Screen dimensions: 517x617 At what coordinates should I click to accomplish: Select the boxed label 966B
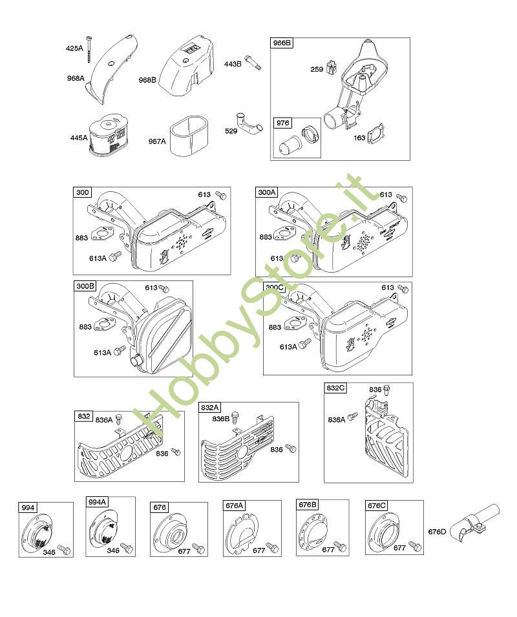point(282,43)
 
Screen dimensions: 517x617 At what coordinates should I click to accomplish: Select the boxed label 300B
point(85,286)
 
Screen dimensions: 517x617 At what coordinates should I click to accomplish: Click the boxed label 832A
point(210,408)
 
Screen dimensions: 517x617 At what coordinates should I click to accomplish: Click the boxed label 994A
point(98,501)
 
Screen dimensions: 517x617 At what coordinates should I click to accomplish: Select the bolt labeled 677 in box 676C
point(414,547)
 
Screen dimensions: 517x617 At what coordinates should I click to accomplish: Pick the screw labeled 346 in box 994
point(63,549)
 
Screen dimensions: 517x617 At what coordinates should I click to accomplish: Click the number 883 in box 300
point(82,238)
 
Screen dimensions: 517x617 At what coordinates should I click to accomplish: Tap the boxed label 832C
point(335,388)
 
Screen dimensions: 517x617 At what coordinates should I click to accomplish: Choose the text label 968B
point(147,80)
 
